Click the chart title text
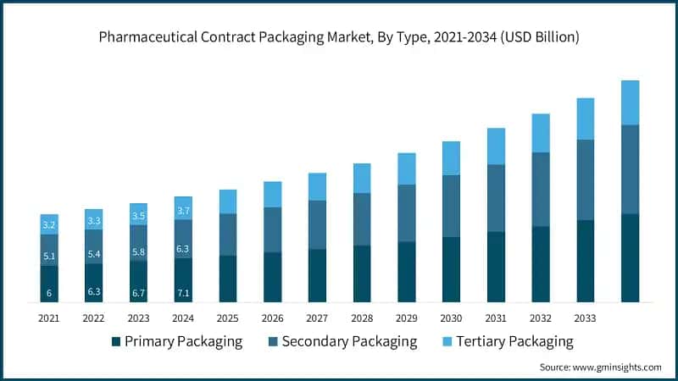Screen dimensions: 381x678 (339, 36)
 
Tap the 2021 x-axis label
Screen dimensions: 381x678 (49, 318)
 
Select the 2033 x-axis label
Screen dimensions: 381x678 (585, 318)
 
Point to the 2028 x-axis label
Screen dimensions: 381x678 (362, 318)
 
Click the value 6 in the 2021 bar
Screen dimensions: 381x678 (49, 294)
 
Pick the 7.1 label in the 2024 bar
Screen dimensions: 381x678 (183, 294)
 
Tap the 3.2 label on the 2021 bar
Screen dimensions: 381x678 (49, 225)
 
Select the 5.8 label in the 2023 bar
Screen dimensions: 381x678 (138, 252)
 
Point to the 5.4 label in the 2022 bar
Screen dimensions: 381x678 (93, 254)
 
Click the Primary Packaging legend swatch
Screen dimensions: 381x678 (116, 342)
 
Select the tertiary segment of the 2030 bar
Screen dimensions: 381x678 (451, 158)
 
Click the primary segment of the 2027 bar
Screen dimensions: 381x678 (317, 275)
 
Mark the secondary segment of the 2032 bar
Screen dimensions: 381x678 (541, 190)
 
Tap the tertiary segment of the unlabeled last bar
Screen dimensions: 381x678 (630, 102)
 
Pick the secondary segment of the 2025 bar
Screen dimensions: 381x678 (228, 235)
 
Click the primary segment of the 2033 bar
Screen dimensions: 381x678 (585, 261)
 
